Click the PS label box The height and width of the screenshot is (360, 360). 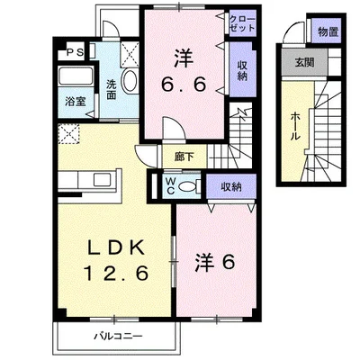[x=75, y=52]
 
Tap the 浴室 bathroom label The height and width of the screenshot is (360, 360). [x=76, y=103]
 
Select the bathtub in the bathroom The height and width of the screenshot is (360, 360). [x=76, y=76]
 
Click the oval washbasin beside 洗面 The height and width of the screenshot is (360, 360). [x=130, y=80]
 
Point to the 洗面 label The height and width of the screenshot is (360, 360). [x=112, y=89]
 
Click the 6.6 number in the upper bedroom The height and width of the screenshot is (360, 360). [x=184, y=85]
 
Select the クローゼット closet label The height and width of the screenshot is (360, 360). [x=242, y=23]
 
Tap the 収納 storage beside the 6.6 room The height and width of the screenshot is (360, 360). [x=242, y=71]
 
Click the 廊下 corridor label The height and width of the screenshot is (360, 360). [x=184, y=157]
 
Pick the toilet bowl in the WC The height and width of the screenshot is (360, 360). [x=185, y=187]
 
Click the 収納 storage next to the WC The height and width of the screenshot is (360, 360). [x=231, y=187]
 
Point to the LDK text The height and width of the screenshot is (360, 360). [x=116, y=248]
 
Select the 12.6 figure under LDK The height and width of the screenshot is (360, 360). [x=116, y=273]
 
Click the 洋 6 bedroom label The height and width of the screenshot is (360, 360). [x=215, y=262]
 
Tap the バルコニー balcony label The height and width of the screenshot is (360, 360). [x=117, y=336]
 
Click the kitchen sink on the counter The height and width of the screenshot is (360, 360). [x=103, y=180]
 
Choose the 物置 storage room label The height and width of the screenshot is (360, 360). [x=328, y=31]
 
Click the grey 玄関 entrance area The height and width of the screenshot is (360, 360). [x=305, y=62]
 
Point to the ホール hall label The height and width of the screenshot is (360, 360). [x=295, y=126]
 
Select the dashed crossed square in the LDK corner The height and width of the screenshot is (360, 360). [x=68, y=134]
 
